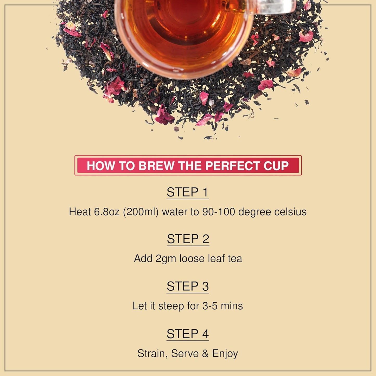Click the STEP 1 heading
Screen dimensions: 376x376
point(188,192)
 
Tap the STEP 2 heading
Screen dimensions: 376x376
point(188,239)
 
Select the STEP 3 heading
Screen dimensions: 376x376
point(188,286)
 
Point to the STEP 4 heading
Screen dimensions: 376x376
point(188,334)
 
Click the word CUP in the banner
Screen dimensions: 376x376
point(276,166)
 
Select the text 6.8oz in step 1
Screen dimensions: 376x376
point(106,212)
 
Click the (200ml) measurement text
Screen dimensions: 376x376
point(141,212)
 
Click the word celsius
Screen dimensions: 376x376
point(290,212)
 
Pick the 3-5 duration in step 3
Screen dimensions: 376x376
point(210,306)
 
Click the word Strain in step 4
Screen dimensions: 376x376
point(152,354)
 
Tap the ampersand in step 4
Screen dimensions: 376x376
point(205,354)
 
